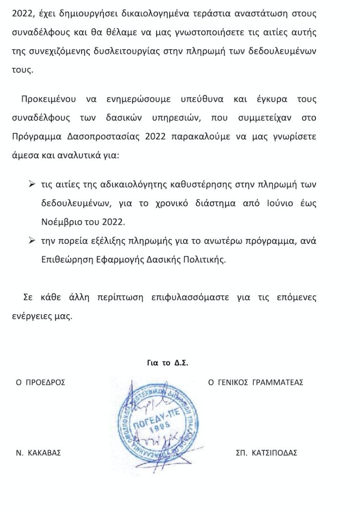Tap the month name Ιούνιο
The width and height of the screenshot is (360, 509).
click(278, 204)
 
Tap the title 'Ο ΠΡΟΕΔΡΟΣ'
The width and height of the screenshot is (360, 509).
click(41, 382)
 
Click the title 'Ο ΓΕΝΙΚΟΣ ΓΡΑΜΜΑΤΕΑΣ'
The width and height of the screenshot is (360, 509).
click(255, 382)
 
